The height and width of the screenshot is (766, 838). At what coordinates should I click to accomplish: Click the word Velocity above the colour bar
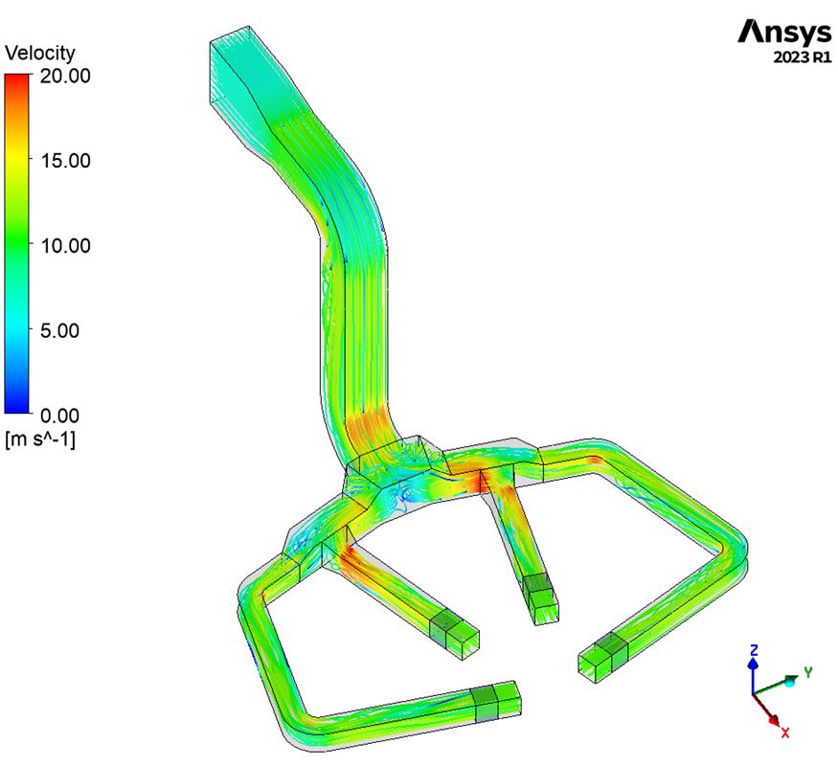point(40,53)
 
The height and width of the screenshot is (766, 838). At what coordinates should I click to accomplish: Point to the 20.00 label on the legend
point(65,76)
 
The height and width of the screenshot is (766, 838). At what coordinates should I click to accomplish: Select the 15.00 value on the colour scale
point(65,161)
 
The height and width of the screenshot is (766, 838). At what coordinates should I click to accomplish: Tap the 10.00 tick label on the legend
point(65,246)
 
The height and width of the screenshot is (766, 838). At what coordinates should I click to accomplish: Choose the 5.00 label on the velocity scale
point(59,330)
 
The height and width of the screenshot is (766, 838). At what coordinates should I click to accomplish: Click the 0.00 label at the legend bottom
point(59,416)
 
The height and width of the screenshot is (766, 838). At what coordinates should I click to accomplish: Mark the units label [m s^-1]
point(40,439)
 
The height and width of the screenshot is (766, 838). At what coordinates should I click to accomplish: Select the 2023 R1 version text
point(803,57)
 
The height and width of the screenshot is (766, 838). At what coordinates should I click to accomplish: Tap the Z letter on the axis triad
point(754,650)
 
